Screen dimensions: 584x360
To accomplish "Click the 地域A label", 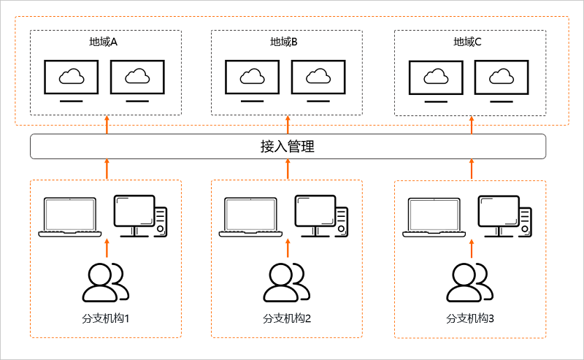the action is point(103,42).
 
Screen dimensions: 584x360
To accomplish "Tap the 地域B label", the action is point(284,42).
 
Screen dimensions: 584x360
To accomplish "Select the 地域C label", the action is point(467,42).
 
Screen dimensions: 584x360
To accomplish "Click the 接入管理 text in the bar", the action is point(288,147).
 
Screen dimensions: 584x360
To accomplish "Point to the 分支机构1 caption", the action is point(106,318).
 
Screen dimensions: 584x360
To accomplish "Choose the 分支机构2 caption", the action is point(287,318).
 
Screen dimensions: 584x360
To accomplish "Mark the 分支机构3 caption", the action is point(470,318).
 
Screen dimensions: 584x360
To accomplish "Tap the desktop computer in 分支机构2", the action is point(321,216).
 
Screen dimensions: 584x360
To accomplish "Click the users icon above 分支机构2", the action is point(287,283).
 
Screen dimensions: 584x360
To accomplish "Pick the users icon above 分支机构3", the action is point(470,283).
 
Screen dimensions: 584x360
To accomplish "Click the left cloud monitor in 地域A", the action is point(71,81).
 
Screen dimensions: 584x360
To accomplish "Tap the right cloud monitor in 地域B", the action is point(318,81).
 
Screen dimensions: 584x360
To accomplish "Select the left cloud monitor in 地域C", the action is point(436,81).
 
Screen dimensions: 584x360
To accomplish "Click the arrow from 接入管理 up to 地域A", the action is point(107,125).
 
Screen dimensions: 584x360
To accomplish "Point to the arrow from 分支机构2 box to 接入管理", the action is point(288,169).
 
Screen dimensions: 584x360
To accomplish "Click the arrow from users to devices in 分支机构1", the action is point(107,248).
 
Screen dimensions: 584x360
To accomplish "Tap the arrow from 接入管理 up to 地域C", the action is point(472,125).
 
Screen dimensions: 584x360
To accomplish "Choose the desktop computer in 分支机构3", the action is point(505,217).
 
